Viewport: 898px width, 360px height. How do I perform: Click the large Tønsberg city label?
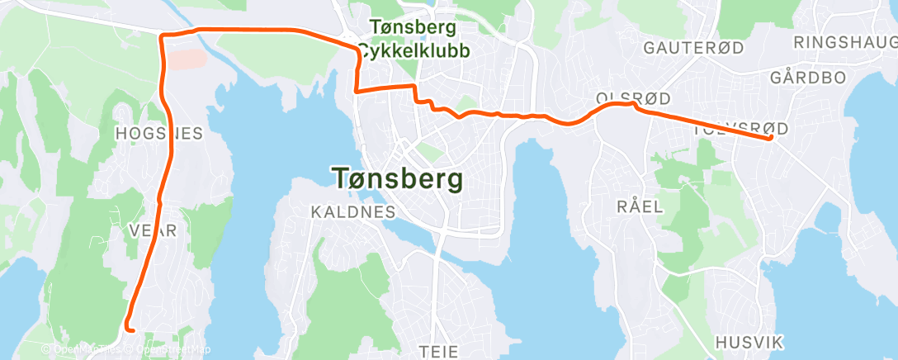pos(397,178)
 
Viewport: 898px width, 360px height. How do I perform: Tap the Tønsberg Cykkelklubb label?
pos(414,39)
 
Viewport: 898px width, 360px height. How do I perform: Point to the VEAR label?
pos(154,231)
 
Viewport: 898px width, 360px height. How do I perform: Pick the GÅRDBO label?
pos(808,78)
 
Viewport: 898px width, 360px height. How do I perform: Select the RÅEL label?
pos(640,206)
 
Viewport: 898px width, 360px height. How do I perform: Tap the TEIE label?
pos(438,351)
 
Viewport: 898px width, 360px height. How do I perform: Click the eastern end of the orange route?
pos(770,138)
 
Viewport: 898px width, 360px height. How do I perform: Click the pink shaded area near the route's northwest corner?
pos(187,59)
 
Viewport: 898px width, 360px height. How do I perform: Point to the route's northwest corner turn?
pos(162,35)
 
